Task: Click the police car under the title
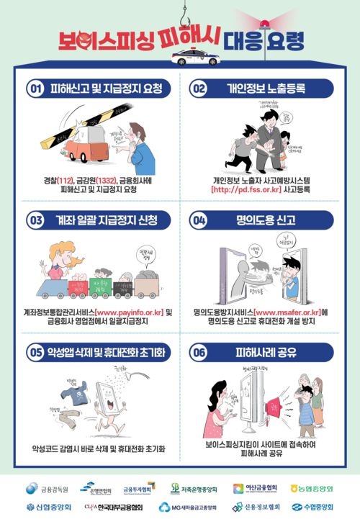click(195, 57)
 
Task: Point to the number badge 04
click(199, 220)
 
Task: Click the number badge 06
click(199, 353)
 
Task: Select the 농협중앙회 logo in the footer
click(314, 488)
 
